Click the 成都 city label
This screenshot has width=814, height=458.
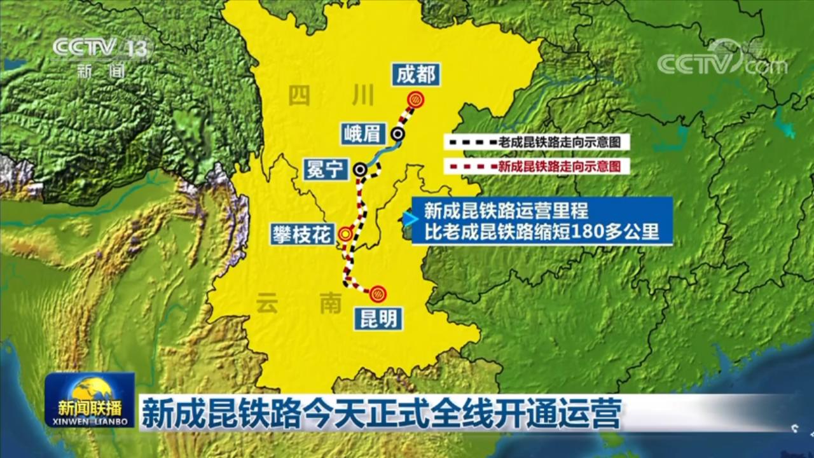coord(417,75)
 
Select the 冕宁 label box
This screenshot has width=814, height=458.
coord(324,169)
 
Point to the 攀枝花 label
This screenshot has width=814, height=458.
coord(301,233)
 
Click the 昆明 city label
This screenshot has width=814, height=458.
coord(379,319)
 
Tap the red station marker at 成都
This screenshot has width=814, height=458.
coord(416,99)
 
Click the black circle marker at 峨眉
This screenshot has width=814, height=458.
coord(398,134)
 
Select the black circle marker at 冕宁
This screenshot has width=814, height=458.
coord(361,169)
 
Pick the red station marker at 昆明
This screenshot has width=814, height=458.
coord(377,293)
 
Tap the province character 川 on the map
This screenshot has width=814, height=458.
coord(362,95)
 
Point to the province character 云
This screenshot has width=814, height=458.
coord(268,304)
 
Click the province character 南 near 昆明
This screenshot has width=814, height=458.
coord(331,304)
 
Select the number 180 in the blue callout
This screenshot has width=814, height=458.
coord(587,232)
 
